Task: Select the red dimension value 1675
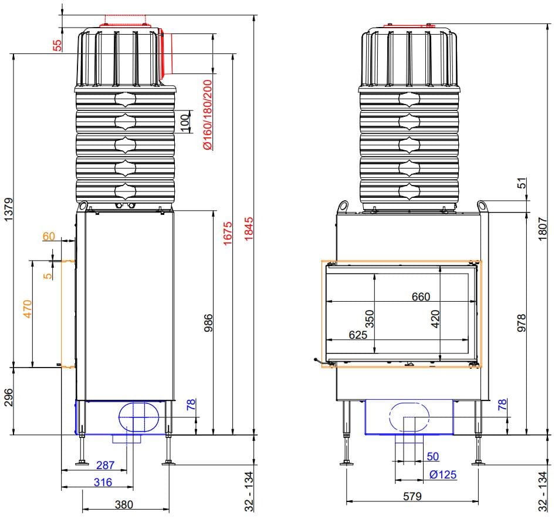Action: tap(229, 232)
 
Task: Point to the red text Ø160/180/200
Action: tap(207, 114)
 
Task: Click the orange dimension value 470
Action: tap(27, 309)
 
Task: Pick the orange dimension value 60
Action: tap(49, 237)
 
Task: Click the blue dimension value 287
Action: tap(105, 466)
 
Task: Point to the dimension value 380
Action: tap(124, 504)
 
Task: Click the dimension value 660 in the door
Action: tap(421, 296)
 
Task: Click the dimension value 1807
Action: tap(543, 231)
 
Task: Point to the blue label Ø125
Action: tap(443, 474)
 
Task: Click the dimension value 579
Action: tap(412, 496)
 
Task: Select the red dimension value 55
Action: tap(57, 45)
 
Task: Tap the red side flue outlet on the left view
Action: tap(167, 54)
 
